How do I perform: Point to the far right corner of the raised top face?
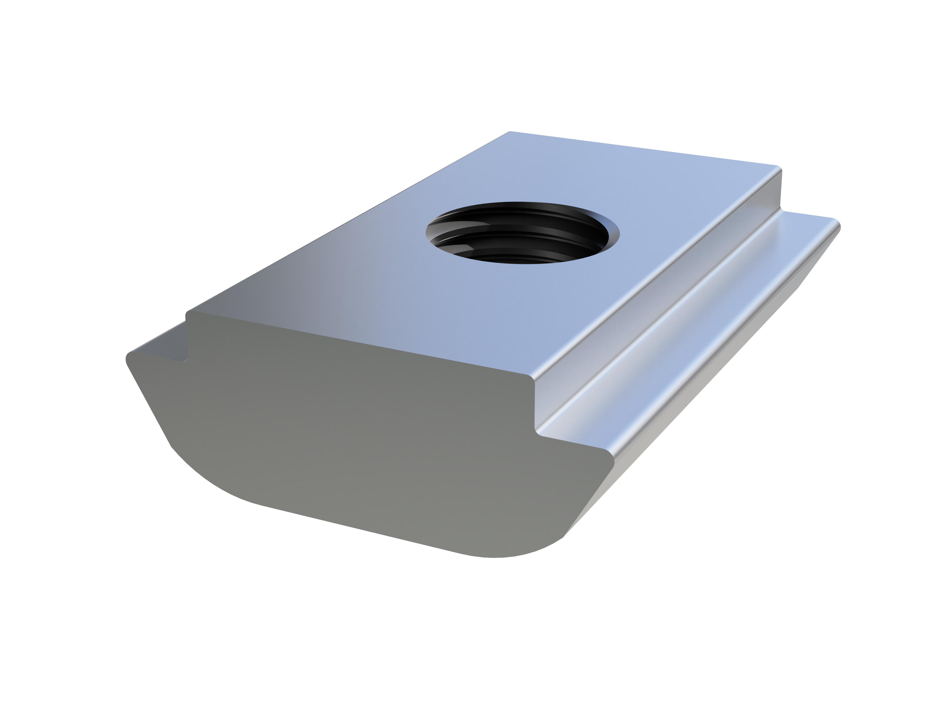pos(779,168)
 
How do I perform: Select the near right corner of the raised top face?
pos(532,378)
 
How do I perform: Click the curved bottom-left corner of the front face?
pos(206,481)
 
